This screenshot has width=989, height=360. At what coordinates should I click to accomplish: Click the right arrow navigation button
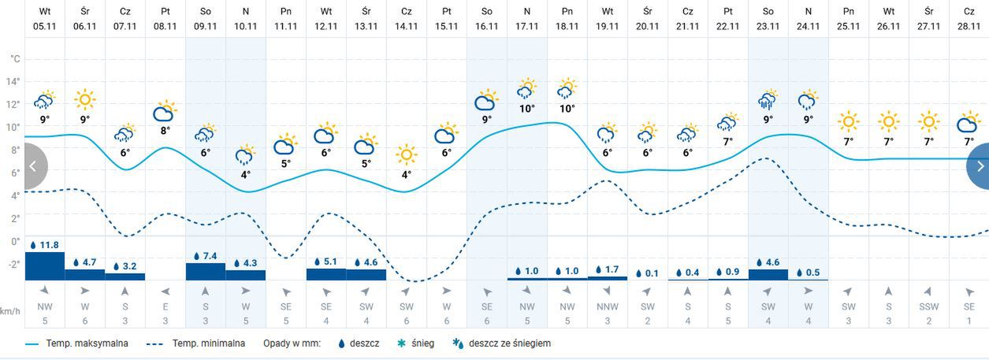[980, 166]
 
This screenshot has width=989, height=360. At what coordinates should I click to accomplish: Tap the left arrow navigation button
[33, 166]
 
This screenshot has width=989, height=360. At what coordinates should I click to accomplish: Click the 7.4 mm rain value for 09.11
[206, 257]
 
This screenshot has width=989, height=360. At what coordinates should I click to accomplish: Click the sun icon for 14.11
[406, 154]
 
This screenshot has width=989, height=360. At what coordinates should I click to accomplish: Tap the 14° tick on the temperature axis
[13, 81]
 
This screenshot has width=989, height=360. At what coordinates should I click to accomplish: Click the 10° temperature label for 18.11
[567, 109]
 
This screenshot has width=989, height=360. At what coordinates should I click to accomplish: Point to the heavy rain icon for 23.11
[768, 101]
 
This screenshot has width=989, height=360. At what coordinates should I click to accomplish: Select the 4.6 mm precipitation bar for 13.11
[366, 273]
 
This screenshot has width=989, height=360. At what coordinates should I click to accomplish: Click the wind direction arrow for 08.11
[165, 290]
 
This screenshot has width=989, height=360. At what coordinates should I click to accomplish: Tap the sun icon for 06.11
[85, 100]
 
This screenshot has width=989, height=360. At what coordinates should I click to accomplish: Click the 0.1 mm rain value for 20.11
[648, 273]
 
